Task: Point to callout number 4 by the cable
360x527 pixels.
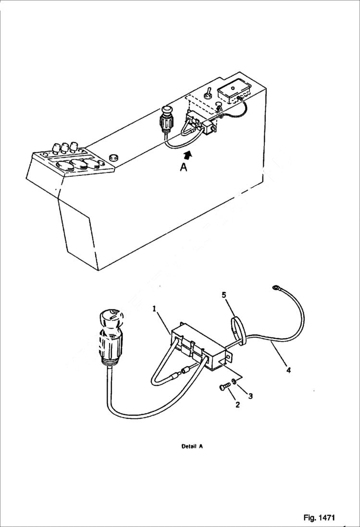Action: coord(288,370)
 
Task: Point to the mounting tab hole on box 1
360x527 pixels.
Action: coord(228,357)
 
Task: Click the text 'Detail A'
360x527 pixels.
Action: coord(192,446)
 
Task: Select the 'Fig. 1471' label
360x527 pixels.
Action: coord(319,517)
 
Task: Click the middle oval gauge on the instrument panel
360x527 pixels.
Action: coord(77,166)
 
